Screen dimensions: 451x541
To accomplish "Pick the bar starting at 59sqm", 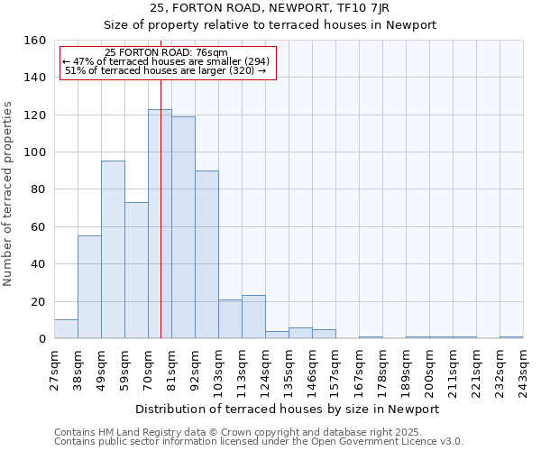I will [x=136, y=271].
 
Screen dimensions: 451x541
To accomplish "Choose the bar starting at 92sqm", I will [x=206, y=254].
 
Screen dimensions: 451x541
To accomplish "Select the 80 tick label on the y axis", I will [x=38, y=189].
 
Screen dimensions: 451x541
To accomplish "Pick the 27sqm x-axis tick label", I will [x=55, y=369].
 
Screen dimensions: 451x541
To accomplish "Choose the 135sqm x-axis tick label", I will [x=289, y=370].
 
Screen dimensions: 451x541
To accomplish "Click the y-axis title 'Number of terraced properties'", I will [x=9, y=194].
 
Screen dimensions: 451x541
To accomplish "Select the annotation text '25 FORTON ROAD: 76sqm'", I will [x=166, y=53].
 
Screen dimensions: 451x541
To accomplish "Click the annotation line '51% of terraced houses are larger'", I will [x=166, y=70].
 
